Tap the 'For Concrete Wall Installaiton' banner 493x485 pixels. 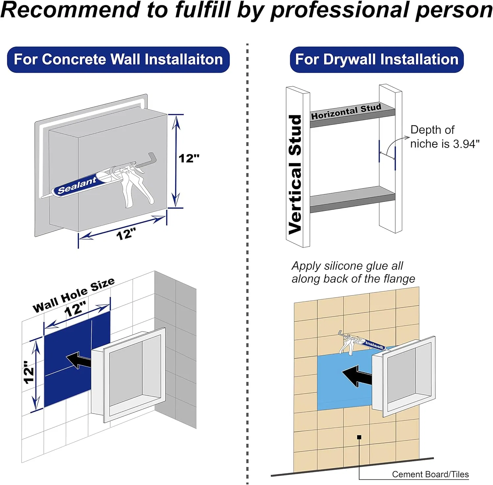118,60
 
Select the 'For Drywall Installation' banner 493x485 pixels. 377,60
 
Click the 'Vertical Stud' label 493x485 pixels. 295,174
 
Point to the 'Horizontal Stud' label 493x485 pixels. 346,111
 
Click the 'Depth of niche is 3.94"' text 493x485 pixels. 445,137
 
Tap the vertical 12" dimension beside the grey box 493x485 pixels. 189,158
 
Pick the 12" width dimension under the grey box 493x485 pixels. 126,234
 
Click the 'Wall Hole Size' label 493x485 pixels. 74,295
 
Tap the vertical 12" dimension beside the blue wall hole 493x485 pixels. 29,372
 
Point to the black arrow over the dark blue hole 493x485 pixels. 78,360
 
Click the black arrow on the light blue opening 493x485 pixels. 357,376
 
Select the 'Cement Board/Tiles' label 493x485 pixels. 430,474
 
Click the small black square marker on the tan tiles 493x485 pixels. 359,437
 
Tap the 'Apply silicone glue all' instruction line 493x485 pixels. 347,266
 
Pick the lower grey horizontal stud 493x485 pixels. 352,199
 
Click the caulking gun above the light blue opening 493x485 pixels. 361,343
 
